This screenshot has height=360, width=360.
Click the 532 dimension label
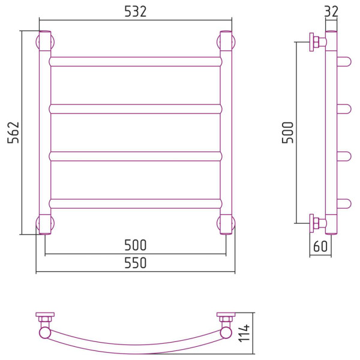pos(135,11)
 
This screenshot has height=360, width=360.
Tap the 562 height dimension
pos(13,133)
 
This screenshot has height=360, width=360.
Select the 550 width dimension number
pos(135,263)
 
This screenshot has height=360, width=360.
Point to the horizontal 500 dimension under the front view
pos(135,245)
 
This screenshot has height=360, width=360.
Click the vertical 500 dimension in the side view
pos(287,133)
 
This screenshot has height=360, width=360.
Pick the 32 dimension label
pos(331,11)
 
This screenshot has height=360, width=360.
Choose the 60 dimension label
pos(320,247)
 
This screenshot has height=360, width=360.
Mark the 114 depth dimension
pos(244,333)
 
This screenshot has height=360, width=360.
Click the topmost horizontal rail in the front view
pos(136,62)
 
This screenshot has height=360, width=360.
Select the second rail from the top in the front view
pos(136,109)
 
